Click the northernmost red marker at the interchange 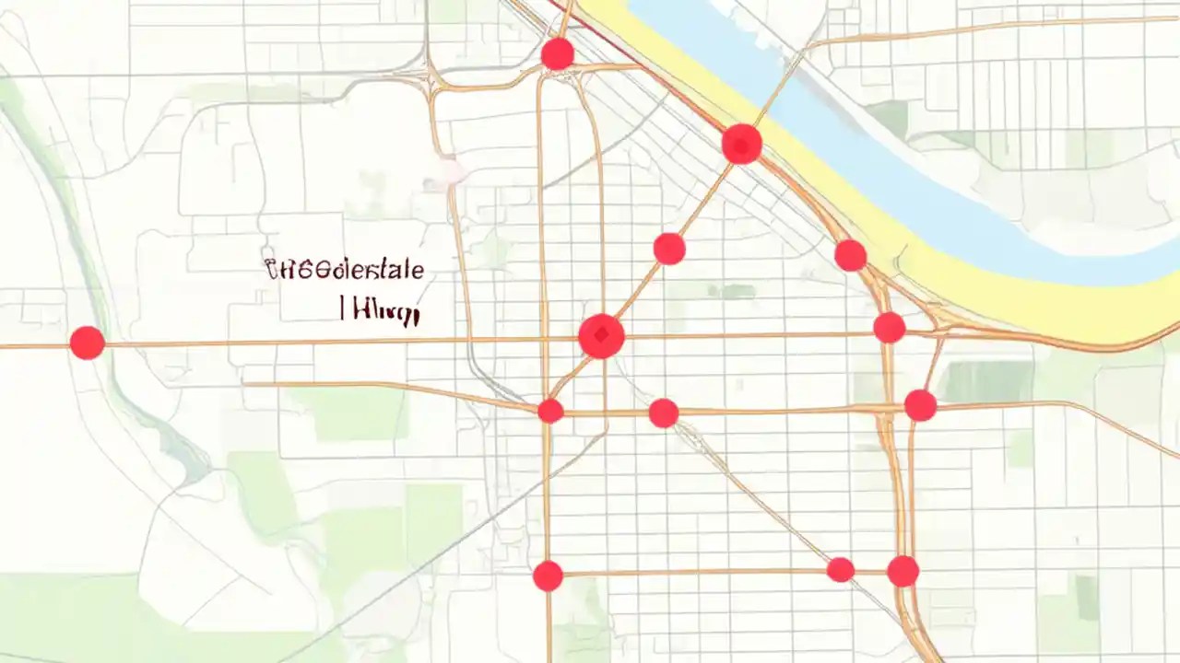[557, 54]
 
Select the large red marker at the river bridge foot [741, 145]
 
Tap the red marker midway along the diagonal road [669, 249]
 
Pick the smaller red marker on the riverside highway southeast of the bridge [850, 255]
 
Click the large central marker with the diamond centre [601, 336]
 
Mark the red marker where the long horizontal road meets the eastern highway [889, 327]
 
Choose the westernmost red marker [87, 343]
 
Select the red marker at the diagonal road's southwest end [550, 411]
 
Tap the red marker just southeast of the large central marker [663, 413]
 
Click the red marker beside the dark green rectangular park [920, 405]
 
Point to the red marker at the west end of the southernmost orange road [548, 576]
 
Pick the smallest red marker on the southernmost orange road [840, 570]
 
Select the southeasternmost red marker [903, 571]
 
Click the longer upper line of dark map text [344, 270]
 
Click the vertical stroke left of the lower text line [342, 308]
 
